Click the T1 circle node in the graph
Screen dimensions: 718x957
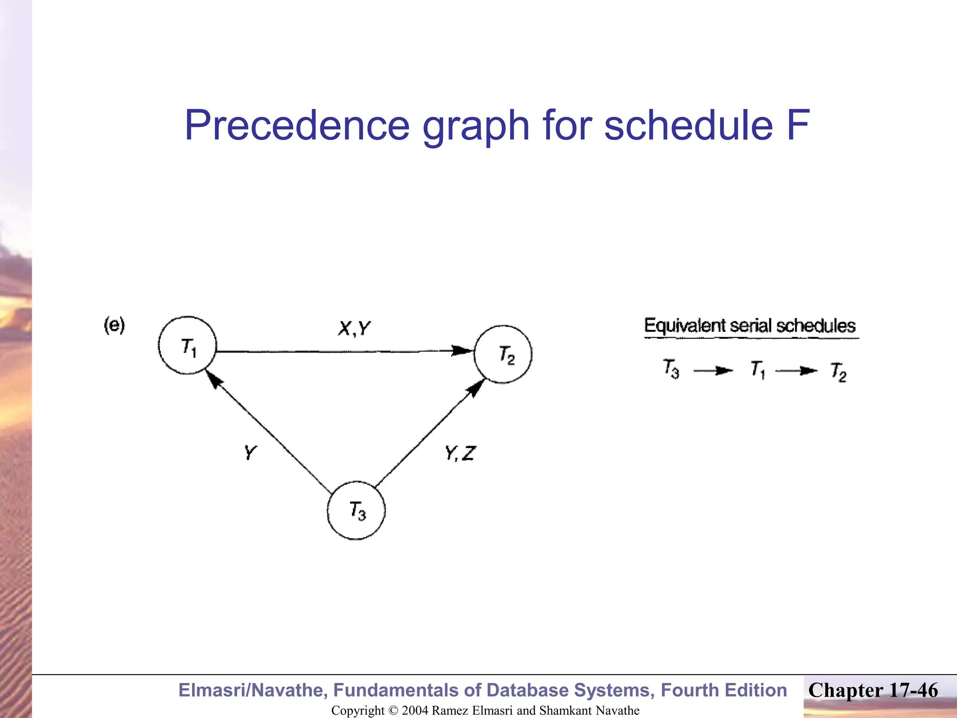point(187,345)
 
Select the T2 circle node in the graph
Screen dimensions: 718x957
point(503,354)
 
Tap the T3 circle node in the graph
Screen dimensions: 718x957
point(356,510)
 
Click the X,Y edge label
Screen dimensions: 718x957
point(354,329)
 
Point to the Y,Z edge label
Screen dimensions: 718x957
point(460,453)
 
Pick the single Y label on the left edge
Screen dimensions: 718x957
point(250,452)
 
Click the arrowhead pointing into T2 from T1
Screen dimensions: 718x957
point(463,351)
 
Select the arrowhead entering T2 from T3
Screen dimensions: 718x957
point(476,388)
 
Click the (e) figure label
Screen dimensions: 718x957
point(114,325)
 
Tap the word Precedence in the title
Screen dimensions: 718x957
point(297,125)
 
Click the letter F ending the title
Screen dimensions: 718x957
point(797,125)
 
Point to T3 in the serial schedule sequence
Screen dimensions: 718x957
point(671,368)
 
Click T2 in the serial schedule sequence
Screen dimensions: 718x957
point(839,372)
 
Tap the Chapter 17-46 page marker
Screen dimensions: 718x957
point(873,690)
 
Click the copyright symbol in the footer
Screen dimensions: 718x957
point(393,711)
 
